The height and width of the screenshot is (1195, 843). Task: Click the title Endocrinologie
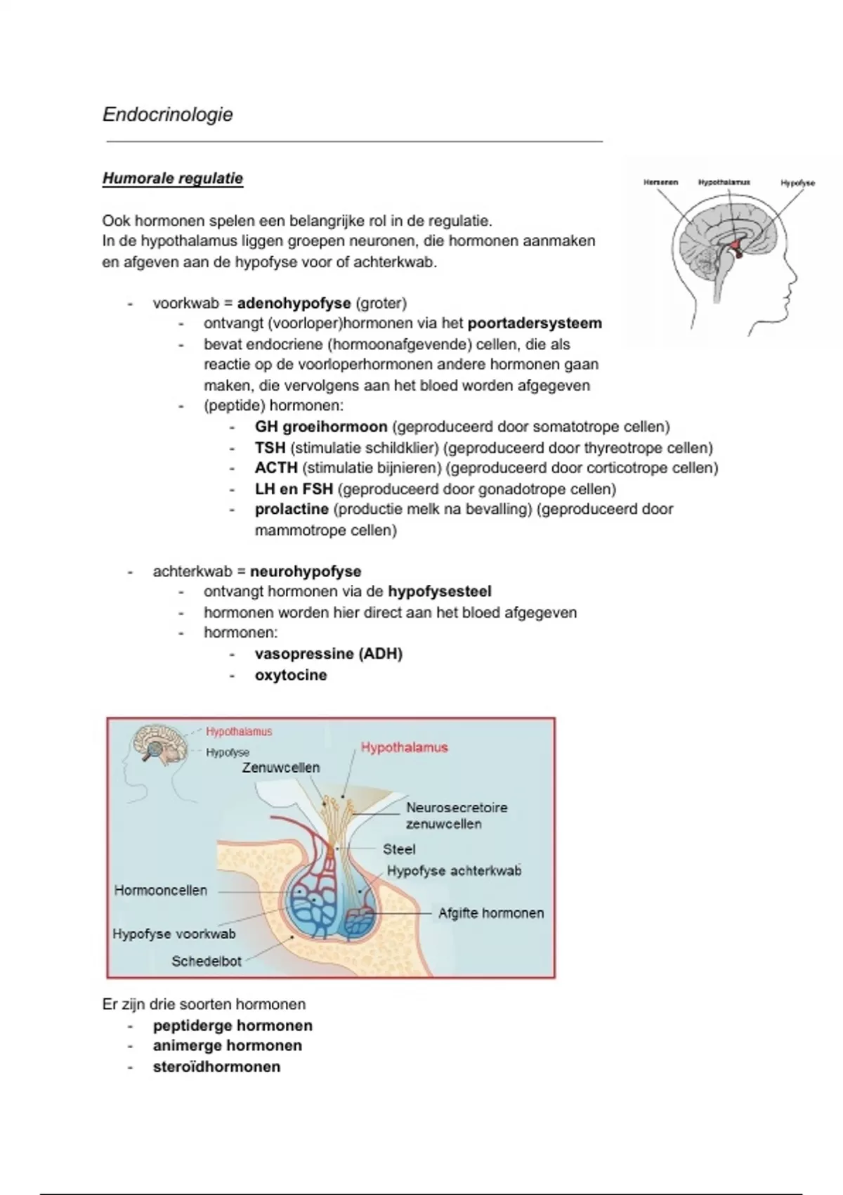tap(167, 115)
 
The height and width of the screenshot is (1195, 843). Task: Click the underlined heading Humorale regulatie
tap(173, 179)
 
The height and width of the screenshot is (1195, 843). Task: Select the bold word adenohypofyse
tap(294, 304)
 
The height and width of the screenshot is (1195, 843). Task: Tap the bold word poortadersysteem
tap(535, 324)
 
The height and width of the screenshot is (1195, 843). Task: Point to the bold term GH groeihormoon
tap(321, 427)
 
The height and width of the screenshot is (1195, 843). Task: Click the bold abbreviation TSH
tap(270, 448)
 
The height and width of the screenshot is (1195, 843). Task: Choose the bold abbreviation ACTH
tap(276, 468)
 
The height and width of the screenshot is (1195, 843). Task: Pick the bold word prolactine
tap(292, 509)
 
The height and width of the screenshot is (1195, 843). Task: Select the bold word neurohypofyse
tap(306, 571)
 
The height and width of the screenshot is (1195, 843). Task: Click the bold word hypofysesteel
tap(439, 592)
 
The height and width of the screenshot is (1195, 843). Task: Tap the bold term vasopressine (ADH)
tap(329, 654)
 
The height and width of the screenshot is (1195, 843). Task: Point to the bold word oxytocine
tap(291, 676)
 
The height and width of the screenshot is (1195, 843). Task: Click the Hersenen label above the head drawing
tap(660, 182)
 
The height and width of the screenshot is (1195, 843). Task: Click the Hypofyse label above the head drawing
tap(797, 183)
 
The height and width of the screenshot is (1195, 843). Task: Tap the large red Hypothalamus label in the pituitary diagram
tap(404, 748)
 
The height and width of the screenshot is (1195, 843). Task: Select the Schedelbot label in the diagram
tap(206, 962)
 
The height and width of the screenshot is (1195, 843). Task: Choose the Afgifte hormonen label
tap(491, 913)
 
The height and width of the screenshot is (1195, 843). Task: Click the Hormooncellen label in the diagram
tap(161, 891)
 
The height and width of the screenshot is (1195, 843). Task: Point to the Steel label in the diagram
tap(399, 849)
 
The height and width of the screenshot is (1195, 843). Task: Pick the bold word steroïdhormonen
tap(216, 1067)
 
